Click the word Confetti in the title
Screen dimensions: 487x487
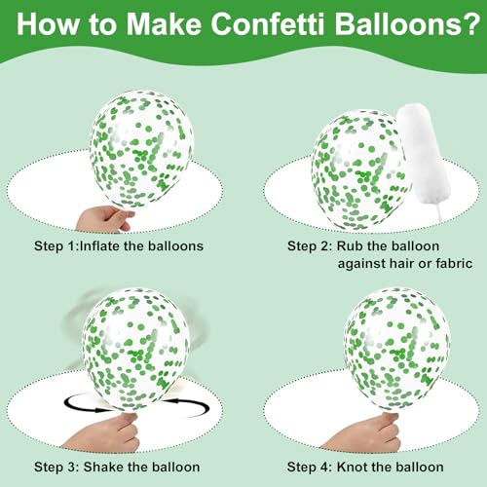[268, 23]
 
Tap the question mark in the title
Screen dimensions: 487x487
[471, 23]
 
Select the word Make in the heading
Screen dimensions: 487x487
[165, 23]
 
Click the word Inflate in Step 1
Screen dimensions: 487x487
[98, 245]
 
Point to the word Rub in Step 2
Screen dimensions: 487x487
[349, 245]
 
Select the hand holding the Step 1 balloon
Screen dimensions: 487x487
[104, 219]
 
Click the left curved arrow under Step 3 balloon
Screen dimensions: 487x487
[85, 403]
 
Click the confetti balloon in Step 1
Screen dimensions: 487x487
[141, 150]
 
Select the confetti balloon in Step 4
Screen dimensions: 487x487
[396, 350]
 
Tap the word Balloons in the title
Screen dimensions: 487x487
[397, 23]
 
